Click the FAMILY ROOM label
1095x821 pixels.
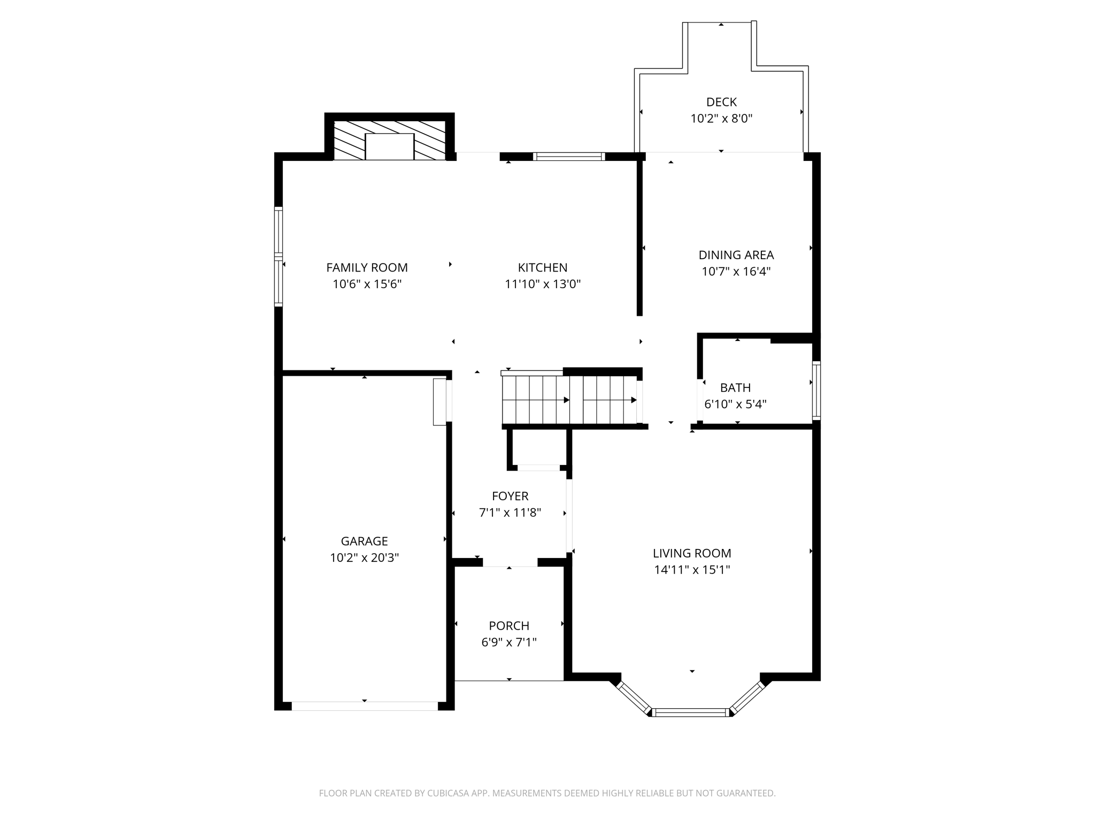pyautogui.click(x=367, y=267)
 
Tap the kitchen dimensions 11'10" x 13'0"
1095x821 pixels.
pyautogui.click(x=542, y=284)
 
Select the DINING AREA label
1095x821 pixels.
pyautogui.click(x=736, y=255)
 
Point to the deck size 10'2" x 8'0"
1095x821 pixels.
pyautogui.click(x=721, y=119)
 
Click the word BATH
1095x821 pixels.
pyautogui.click(x=735, y=388)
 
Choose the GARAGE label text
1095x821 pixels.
pyautogui.click(x=364, y=541)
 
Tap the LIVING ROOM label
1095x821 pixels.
pyautogui.click(x=691, y=553)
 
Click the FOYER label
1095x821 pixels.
pyautogui.click(x=510, y=496)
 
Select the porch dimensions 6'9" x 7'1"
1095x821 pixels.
pyautogui.click(x=508, y=642)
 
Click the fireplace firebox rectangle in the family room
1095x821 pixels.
pyautogui.click(x=389, y=146)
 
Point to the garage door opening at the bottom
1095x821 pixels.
pyautogui.click(x=364, y=706)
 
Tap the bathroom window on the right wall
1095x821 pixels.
pyautogui.click(x=816, y=390)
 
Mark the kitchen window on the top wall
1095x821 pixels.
pyautogui.click(x=569, y=157)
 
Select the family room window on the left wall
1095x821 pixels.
pyautogui.click(x=278, y=257)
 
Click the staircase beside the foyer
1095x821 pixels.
pyautogui.click(x=569, y=399)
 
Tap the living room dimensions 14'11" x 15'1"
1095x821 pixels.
pyautogui.click(x=691, y=570)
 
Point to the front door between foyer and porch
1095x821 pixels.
pyautogui.click(x=510, y=562)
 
